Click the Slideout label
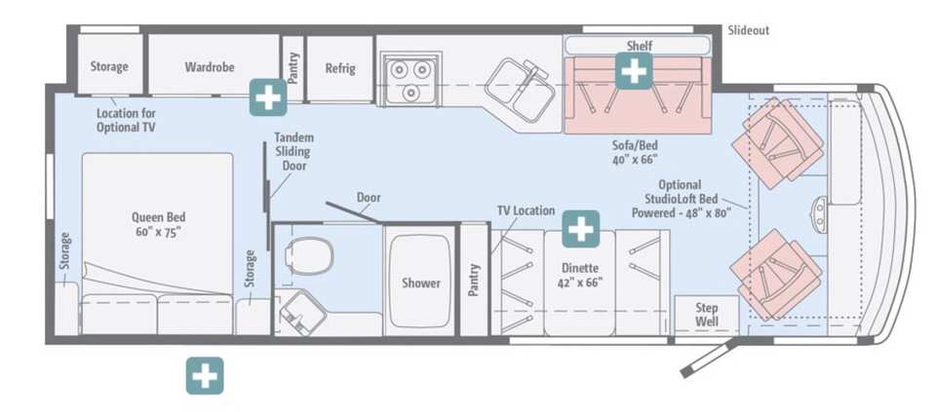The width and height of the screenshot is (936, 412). [x=749, y=30]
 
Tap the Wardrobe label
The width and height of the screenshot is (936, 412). [x=210, y=67]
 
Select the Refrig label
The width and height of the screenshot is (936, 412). [x=340, y=68]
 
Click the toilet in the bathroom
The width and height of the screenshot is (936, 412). [x=309, y=256]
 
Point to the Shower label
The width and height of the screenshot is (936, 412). [x=421, y=283]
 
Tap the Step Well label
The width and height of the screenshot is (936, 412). [x=707, y=315]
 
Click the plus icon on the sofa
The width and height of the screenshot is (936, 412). [x=634, y=71]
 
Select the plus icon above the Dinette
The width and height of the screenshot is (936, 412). [x=580, y=228]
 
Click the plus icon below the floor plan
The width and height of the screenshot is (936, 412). [x=205, y=376]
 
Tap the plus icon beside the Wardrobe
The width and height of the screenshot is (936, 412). [x=268, y=96]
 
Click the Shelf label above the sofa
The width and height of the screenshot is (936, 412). [x=640, y=46]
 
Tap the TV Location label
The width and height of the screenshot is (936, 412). [x=526, y=210]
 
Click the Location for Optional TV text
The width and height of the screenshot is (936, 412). [x=126, y=120]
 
